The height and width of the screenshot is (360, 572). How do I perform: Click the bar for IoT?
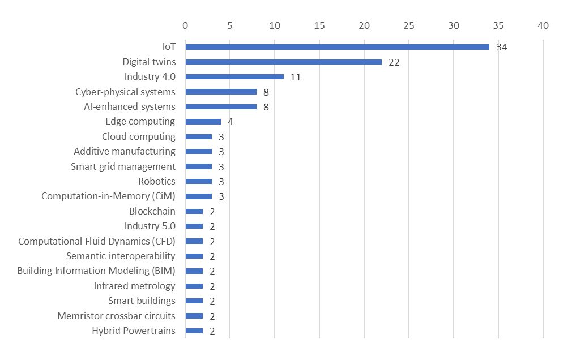337,47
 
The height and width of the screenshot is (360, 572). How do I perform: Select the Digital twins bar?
283,62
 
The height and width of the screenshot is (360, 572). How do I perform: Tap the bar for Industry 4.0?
234,76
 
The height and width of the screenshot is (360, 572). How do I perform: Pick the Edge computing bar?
203,122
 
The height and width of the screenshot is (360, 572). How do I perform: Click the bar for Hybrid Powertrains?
194,331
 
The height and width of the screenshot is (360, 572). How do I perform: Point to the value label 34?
501,47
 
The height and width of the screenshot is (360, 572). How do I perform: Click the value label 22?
394,62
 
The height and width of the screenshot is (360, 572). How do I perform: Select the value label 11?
295,77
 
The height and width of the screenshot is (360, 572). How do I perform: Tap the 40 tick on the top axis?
543,25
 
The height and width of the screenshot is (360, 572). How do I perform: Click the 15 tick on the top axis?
319,25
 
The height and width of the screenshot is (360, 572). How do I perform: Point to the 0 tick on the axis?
185,25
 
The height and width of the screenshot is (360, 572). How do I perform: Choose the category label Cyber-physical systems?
125,92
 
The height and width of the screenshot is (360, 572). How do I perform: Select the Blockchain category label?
152,211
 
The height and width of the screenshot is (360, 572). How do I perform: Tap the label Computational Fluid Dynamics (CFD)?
97,241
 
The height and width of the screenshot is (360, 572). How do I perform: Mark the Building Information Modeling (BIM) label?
96,271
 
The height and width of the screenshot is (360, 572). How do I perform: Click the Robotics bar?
198,181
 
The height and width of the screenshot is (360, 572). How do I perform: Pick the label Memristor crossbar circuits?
116,316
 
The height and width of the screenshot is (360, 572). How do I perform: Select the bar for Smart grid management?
198,166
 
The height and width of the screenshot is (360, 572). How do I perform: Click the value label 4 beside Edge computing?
230,122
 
